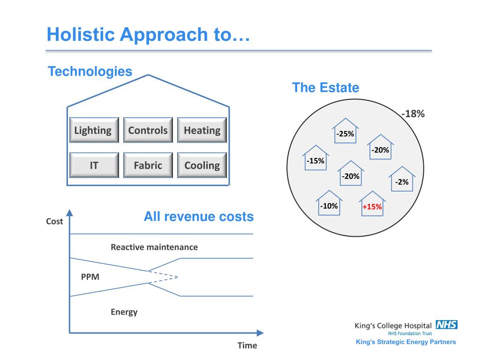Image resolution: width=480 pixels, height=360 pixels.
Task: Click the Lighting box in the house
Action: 93,130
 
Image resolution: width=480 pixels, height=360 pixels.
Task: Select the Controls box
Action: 148,130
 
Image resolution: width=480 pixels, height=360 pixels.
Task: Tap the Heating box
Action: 202,130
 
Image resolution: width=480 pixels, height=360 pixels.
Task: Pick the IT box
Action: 94,165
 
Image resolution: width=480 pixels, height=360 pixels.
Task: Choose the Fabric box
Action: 148,165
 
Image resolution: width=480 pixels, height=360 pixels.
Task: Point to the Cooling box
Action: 202,165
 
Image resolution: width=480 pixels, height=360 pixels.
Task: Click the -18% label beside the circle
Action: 413,113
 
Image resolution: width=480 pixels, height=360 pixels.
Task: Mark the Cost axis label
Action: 54,221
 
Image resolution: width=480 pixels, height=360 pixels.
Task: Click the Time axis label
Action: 247,345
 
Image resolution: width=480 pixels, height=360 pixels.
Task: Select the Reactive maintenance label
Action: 154,247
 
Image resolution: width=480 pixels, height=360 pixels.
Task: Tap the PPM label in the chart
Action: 90,277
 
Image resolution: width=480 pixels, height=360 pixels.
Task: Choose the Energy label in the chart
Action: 124,312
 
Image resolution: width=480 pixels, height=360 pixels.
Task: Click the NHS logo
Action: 446,324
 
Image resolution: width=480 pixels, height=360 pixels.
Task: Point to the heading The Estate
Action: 325,88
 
